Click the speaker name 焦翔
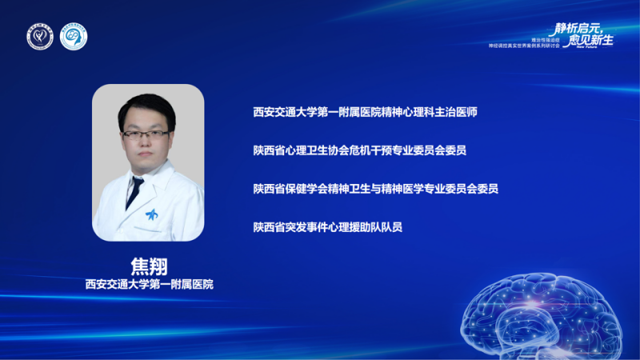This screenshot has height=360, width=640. click(x=148, y=265)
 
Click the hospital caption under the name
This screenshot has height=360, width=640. click(x=149, y=284)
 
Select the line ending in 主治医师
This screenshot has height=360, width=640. click(x=365, y=112)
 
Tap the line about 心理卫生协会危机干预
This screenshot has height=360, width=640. click(x=359, y=150)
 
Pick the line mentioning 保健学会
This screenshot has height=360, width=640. click(x=375, y=188)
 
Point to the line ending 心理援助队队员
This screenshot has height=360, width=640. click(x=327, y=226)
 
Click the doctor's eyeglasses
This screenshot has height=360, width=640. click(x=146, y=134)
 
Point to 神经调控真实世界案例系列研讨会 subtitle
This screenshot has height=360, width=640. click(x=528, y=46)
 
